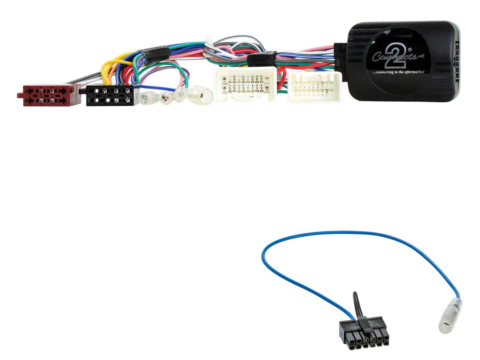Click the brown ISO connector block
point(49,95)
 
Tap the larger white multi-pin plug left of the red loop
point(245,84)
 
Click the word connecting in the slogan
point(383,72)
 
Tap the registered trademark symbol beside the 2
point(410,50)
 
